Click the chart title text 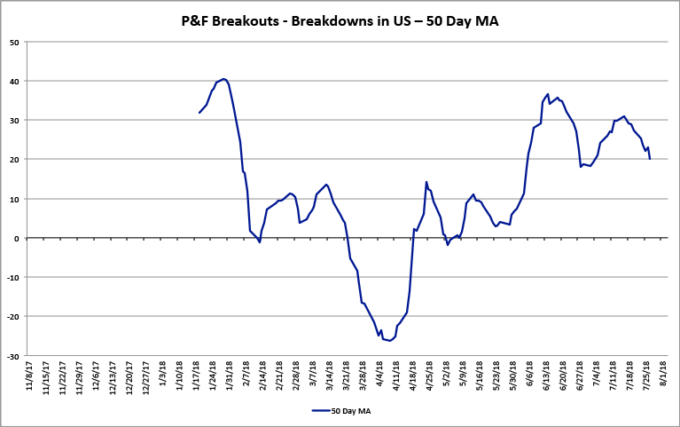click(340, 20)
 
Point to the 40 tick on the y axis click(16, 81)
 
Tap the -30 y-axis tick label click(14, 356)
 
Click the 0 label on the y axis click(20, 238)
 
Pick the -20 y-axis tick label click(14, 317)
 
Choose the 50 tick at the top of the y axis click(16, 42)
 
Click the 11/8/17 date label click(33, 377)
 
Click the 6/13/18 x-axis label click(549, 376)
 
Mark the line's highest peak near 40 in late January click(223, 79)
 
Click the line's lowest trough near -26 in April click(389, 340)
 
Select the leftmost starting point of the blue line click(199, 113)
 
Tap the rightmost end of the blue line click(650, 159)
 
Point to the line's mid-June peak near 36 click(548, 94)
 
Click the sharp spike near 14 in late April click(426, 182)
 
